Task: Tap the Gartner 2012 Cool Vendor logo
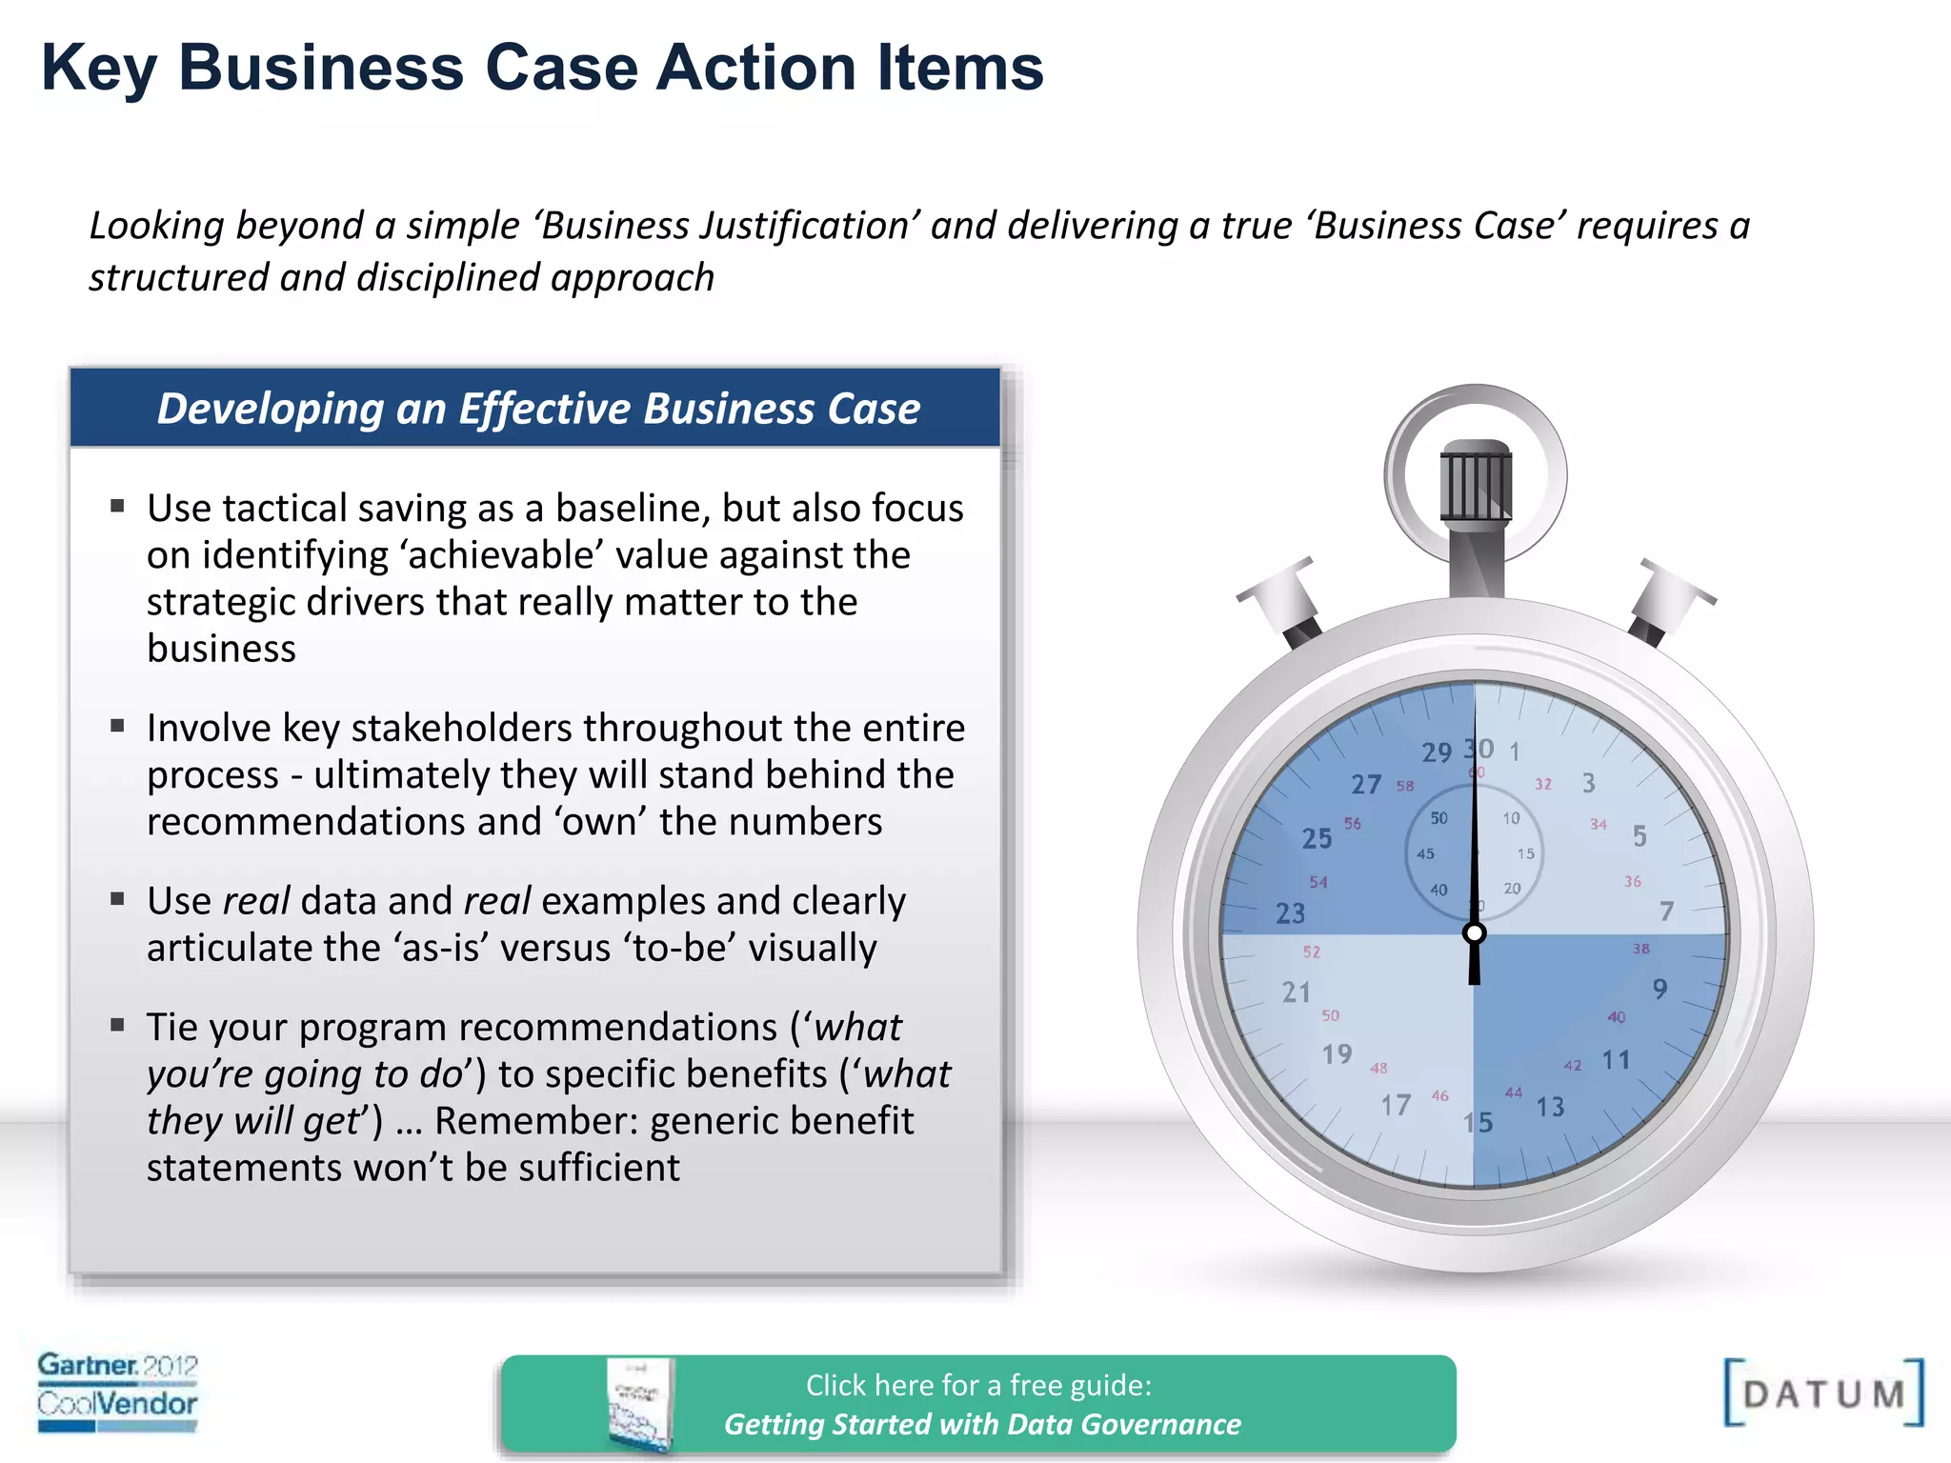click(x=117, y=1392)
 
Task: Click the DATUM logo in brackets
click(x=1823, y=1393)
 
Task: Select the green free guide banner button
click(x=978, y=1404)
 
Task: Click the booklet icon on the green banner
click(x=639, y=1404)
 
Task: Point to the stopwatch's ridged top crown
click(x=1476, y=481)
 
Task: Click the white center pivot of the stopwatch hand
click(x=1475, y=932)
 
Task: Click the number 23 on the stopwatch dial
click(x=1291, y=913)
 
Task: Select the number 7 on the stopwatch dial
click(x=1666, y=912)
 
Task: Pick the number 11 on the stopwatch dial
click(x=1616, y=1059)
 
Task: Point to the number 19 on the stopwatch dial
click(x=1338, y=1053)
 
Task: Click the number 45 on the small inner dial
click(x=1425, y=853)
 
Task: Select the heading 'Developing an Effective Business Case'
click(x=538, y=408)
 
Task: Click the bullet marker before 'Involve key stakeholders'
click(x=118, y=726)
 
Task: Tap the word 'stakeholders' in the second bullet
click(x=460, y=728)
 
